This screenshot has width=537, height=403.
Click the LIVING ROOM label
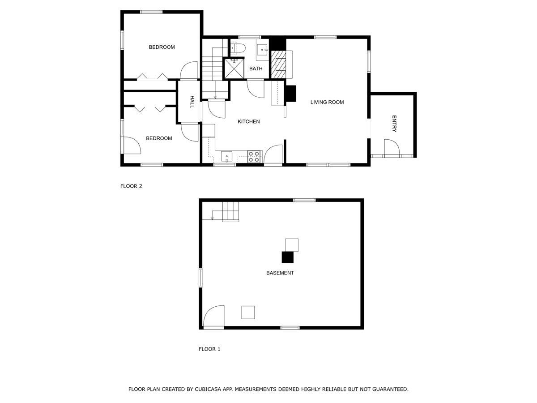(x=327, y=102)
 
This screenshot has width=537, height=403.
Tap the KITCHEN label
(x=248, y=122)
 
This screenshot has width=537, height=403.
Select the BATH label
(x=256, y=69)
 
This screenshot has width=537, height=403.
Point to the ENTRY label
(x=394, y=124)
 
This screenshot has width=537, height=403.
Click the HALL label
(x=192, y=102)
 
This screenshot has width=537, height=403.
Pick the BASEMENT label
(x=280, y=273)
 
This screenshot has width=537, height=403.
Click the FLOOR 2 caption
(x=131, y=186)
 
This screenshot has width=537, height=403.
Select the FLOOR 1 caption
(x=209, y=349)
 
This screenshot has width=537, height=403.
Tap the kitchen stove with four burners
(x=254, y=156)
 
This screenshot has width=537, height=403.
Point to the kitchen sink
(x=227, y=156)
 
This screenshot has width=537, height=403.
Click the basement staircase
(x=230, y=211)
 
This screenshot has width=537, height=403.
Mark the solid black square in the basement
(x=287, y=257)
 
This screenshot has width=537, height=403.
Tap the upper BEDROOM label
(x=162, y=47)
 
